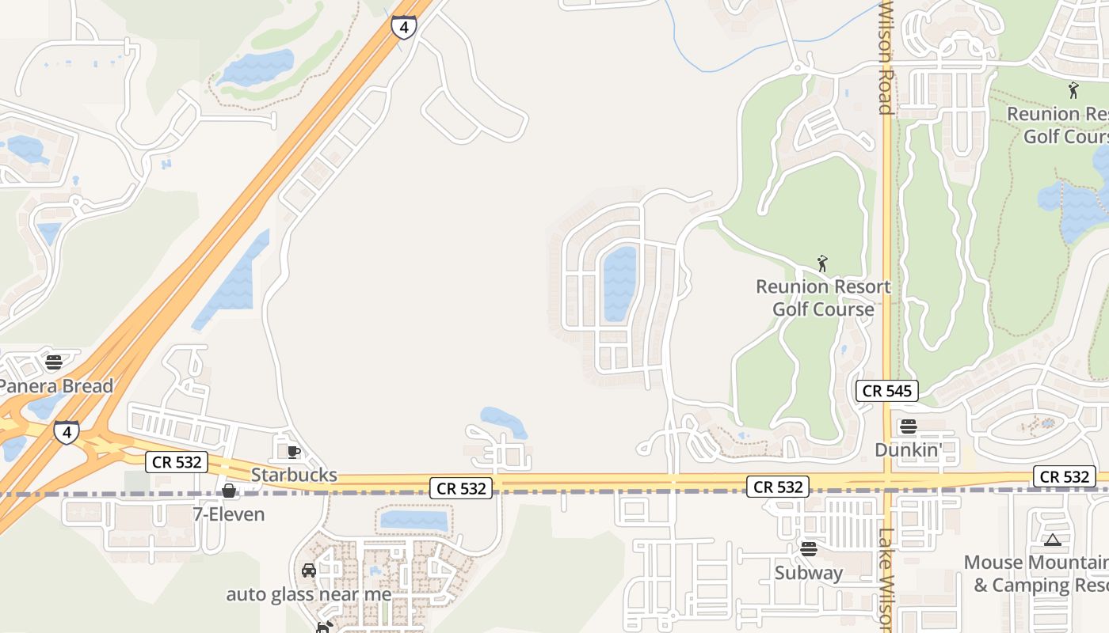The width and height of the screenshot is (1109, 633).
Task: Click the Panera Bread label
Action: tap(55, 387)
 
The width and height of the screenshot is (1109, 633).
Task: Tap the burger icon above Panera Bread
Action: tap(54, 362)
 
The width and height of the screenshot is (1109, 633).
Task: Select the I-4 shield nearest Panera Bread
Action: tap(67, 432)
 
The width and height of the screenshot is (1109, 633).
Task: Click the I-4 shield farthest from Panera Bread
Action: tap(404, 28)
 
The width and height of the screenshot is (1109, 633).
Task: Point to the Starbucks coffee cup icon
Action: tap(293, 452)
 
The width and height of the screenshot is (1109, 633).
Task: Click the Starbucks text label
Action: tap(294, 476)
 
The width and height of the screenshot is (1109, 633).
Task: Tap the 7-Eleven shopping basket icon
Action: tap(229, 491)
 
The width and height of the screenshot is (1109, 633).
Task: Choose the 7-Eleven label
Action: tap(229, 514)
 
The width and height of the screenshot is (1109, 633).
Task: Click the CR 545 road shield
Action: tap(887, 390)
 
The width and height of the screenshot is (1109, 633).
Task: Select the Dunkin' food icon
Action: tap(909, 426)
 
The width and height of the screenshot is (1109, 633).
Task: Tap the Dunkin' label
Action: tap(909, 449)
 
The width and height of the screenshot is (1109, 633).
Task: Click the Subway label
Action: tap(809, 572)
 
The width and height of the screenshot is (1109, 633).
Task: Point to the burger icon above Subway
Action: tap(809, 549)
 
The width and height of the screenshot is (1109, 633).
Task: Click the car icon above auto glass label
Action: tap(309, 570)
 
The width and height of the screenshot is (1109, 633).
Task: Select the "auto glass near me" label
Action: tap(309, 594)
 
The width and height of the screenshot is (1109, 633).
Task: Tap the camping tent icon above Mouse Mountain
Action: tap(1052, 540)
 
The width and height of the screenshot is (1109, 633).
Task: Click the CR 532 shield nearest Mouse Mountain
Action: tap(1065, 476)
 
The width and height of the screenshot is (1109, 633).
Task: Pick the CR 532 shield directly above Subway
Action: tap(778, 487)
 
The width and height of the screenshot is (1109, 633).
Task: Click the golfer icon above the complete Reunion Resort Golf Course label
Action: tap(822, 263)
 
